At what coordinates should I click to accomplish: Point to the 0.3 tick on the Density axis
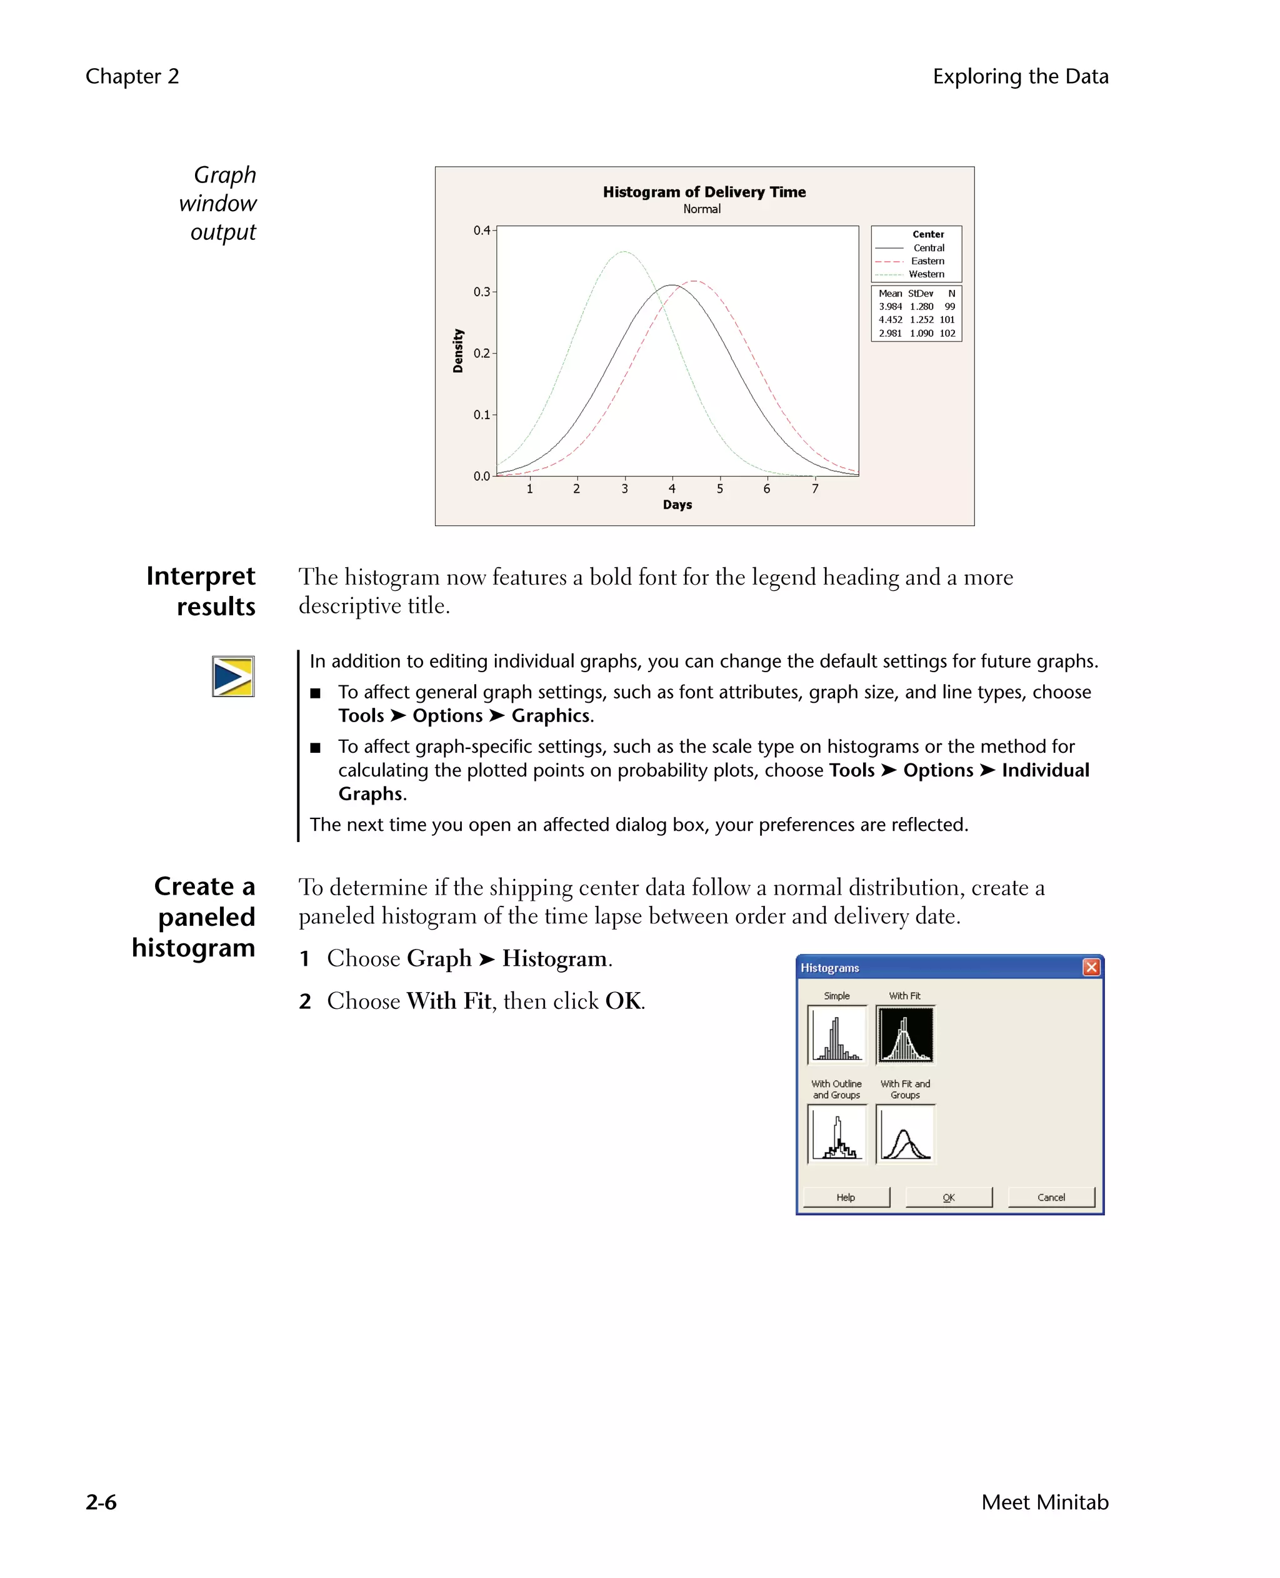pyautogui.click(x=481, y=292)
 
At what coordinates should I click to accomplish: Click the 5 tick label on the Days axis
pyautogui.click(x=719, y=489)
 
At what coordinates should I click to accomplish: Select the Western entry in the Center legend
pyautogui.click(x=926, y=274)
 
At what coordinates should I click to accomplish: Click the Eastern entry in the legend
pyautogui.click(x=927, y=261)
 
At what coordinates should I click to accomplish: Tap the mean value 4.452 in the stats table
pyautogui.click(x=890, y=320)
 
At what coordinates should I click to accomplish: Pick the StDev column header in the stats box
pyautogui.click(x=920, y=294)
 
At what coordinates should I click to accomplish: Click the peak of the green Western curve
pyautogui.click(x=624, y=252)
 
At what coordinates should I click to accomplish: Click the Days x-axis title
pyautogui.click(x=677, y=505)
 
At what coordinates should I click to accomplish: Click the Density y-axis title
pyautogui.click(x=458, y=351)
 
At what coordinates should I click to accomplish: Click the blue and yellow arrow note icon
pyautogui.click(x=233, y=676)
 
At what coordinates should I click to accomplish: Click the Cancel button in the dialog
pyautogui.click(x=1051, y=1197)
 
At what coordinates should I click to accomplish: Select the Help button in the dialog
pyautogui.click(x=846, y=1197)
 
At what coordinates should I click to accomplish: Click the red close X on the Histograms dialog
pyautogui.click(x=1091, y=967)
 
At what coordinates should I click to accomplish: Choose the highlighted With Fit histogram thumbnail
pyautogui.click(x=905, y=1035)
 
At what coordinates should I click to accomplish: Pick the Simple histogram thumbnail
pyautogui.click(x=837, y=1035)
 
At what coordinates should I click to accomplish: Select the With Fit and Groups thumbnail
pyautogui.click(x=905, y=1134)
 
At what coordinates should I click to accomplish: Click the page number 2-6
pyautogui.click(x=101, y=1501)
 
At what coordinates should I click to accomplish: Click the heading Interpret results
pyautogui.click(x=201, y=591)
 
